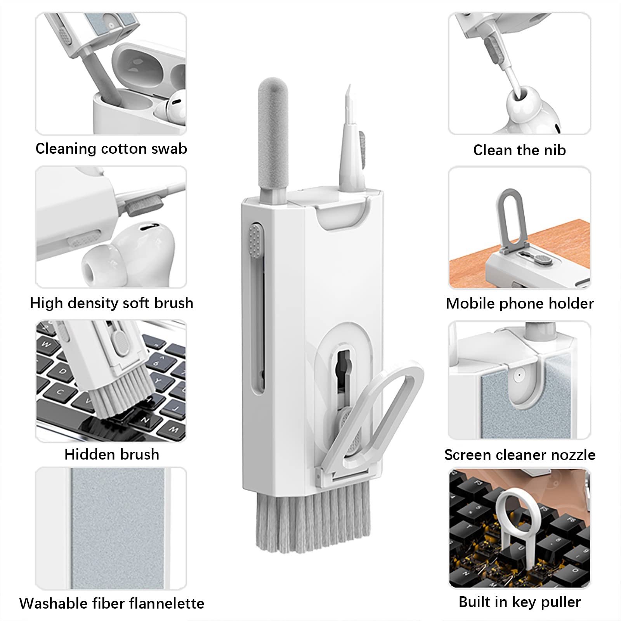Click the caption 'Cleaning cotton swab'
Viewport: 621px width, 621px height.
111,149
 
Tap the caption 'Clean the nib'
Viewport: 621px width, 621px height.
519,150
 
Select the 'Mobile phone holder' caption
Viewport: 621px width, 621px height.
520,304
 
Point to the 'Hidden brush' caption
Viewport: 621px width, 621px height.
112,454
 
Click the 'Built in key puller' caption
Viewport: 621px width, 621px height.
520,602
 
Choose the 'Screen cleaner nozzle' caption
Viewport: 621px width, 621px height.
520,455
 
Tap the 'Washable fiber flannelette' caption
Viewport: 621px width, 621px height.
112,604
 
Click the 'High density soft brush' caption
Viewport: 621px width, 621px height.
112,303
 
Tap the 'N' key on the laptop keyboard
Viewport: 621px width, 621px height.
146,420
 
